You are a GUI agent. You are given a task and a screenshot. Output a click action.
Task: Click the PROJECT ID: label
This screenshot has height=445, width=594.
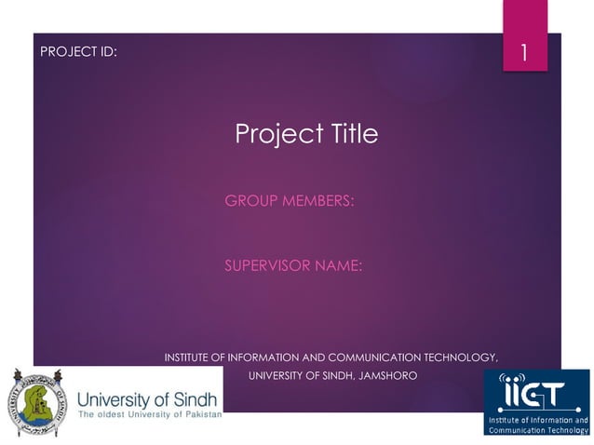coord(79,52)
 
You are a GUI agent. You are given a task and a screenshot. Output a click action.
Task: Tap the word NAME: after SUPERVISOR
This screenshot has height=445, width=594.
coord(339,266)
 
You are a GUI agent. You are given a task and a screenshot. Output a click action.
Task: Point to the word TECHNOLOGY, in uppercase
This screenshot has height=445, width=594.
coord(461,357)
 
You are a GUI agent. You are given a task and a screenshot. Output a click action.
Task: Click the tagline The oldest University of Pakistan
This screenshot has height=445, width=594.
coord(150,413)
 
